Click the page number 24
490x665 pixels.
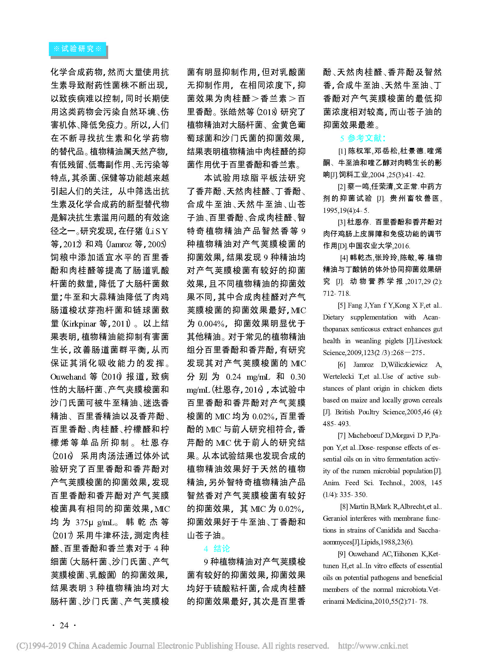(64, 625)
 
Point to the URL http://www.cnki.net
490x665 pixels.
(373, 646)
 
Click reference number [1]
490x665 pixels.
(342, 151)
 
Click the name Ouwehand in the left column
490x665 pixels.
(68, 377)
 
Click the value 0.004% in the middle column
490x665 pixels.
(211, 323)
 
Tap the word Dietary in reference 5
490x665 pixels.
(333, 317)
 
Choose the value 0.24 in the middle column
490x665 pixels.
(233, 377)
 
